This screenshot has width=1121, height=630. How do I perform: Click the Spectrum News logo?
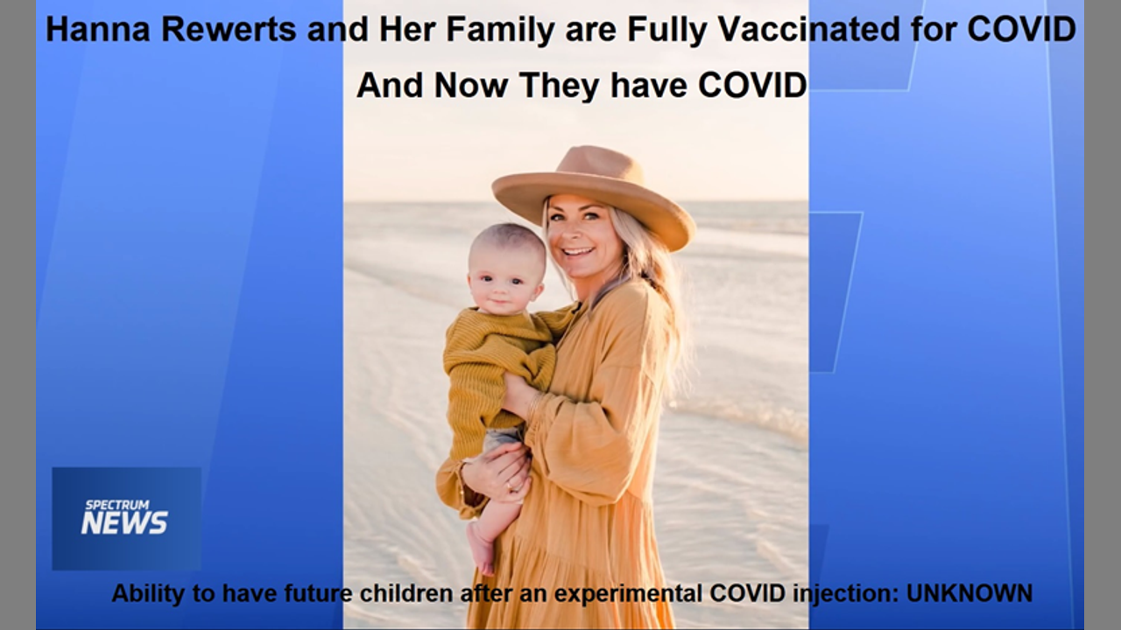(124, 518)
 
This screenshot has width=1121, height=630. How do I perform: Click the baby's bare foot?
(482, 549)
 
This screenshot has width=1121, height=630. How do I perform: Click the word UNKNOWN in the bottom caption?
(969, 593)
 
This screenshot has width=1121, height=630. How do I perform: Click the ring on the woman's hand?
(509, 486)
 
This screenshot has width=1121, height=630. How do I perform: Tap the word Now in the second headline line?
(471, 85)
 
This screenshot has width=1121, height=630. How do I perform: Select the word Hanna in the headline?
(98, 29)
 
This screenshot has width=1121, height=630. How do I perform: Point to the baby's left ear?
(539, 290)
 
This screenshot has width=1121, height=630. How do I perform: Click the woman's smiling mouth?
(577, 251)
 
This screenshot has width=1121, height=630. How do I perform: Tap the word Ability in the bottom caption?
(149, 594)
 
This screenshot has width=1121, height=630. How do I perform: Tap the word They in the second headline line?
(560, 86)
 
